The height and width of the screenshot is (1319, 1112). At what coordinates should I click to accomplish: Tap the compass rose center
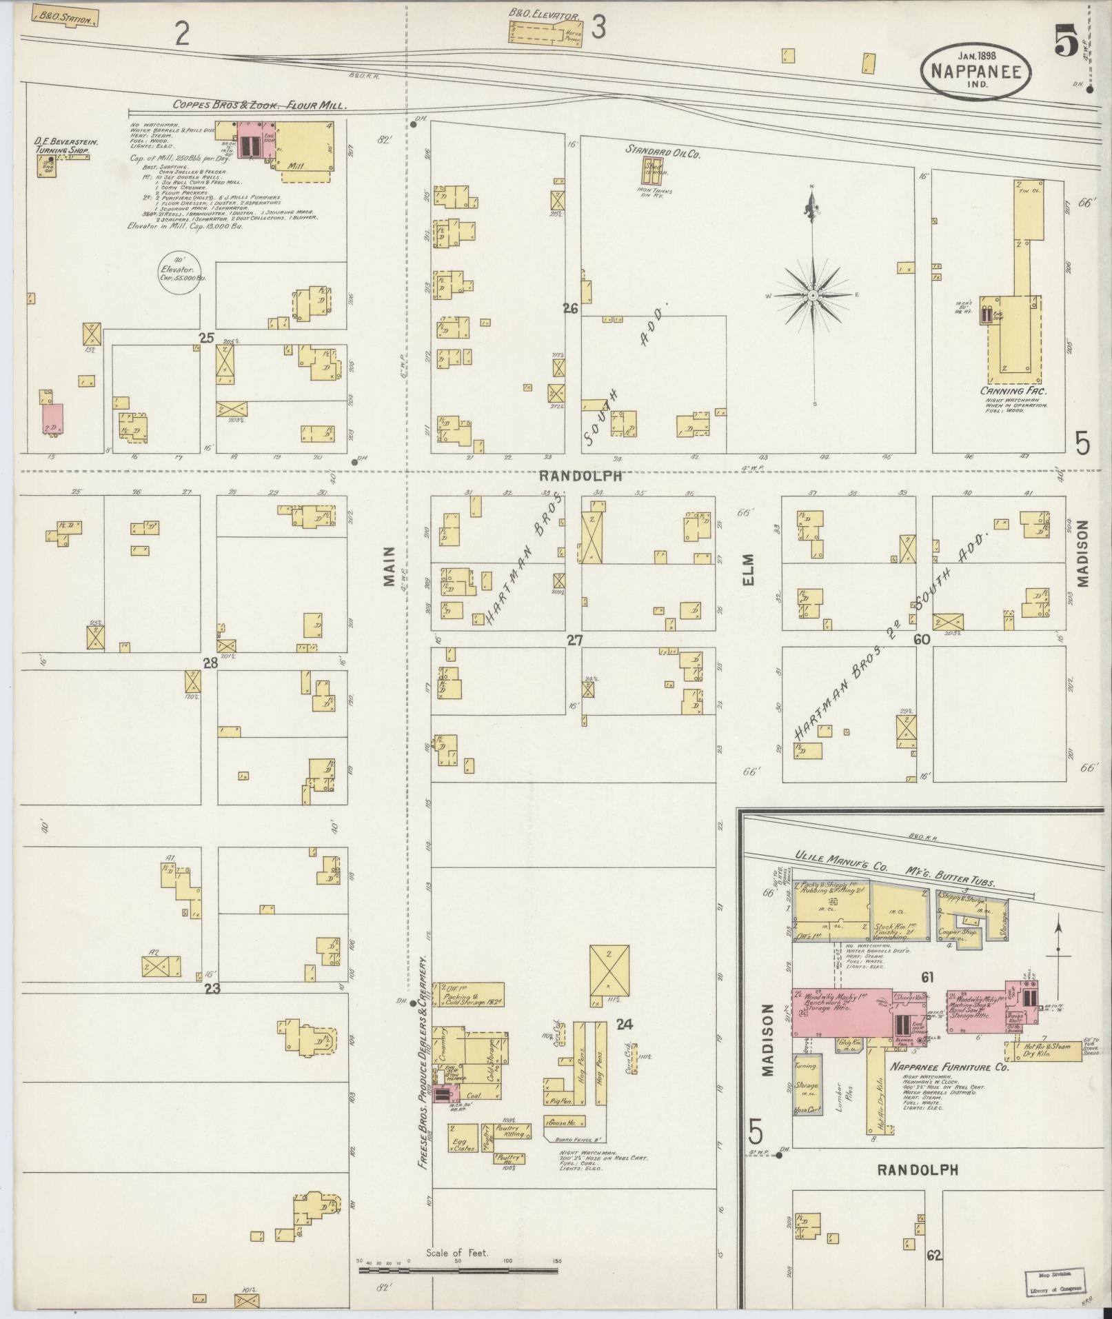[x=813, y=294]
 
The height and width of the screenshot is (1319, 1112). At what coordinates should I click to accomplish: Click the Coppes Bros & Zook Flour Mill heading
[x=250, y=105]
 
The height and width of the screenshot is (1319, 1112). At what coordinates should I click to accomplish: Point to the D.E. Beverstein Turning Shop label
[x=65, y=145]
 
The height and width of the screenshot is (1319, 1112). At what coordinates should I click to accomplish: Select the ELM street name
[x=749, y=570]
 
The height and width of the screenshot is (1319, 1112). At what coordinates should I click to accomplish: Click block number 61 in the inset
[x=926, y=977]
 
